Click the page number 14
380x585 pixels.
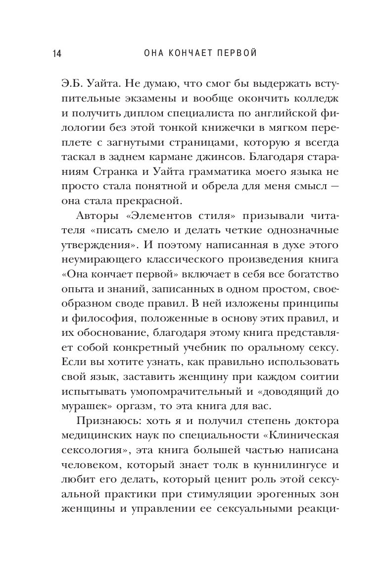55,53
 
